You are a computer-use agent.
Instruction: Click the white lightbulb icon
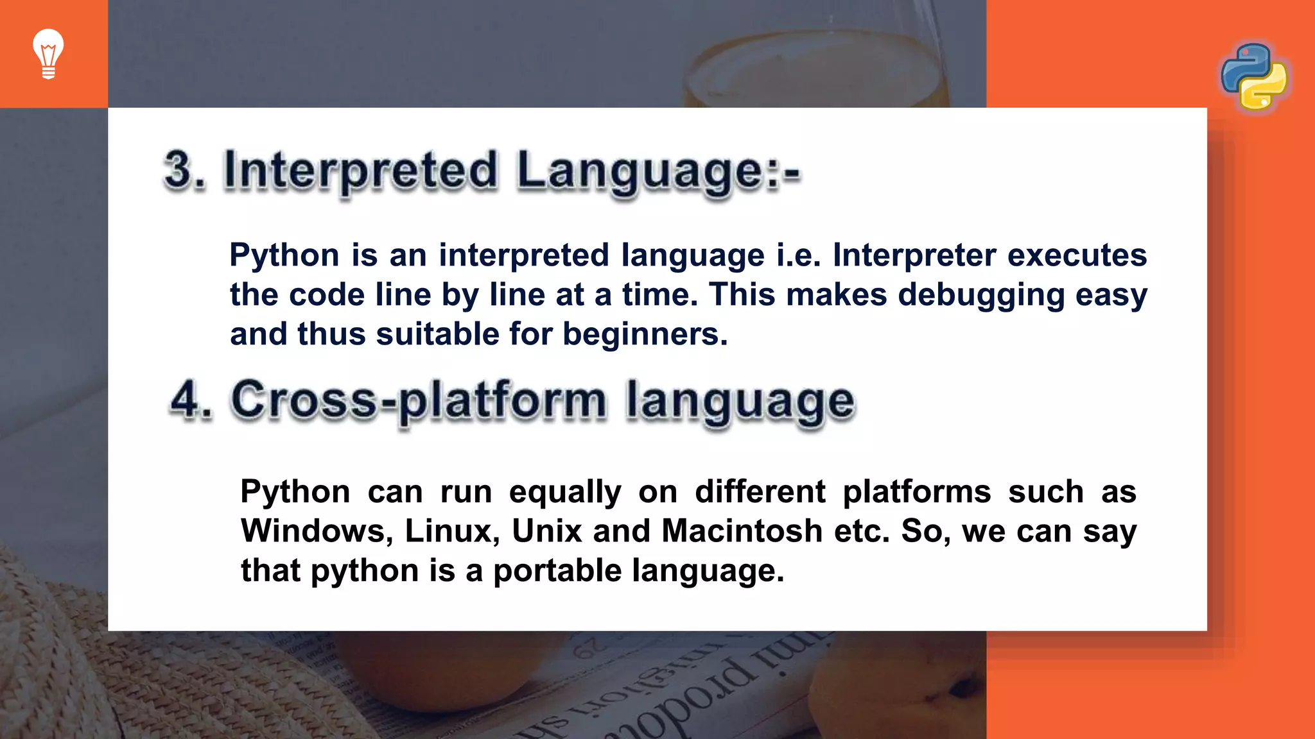48,54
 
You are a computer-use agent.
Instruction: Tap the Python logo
1254,77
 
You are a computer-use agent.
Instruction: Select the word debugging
981,295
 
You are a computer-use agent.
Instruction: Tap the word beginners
645,334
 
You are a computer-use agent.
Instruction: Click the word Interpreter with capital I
914,255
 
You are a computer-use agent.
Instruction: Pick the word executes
1077,255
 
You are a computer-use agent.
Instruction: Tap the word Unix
546,532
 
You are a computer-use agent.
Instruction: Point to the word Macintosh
742,532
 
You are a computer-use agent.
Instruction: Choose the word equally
565,493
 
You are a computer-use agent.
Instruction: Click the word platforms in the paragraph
916,493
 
